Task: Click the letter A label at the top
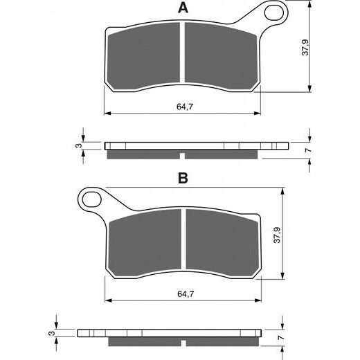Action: [x=182, y=8]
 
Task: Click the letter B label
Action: [x=183, y=178]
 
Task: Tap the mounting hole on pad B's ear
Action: [x=91, y=199]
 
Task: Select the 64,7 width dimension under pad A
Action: [x=183, y=106]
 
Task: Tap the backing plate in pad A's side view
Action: [x=194, y=146]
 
